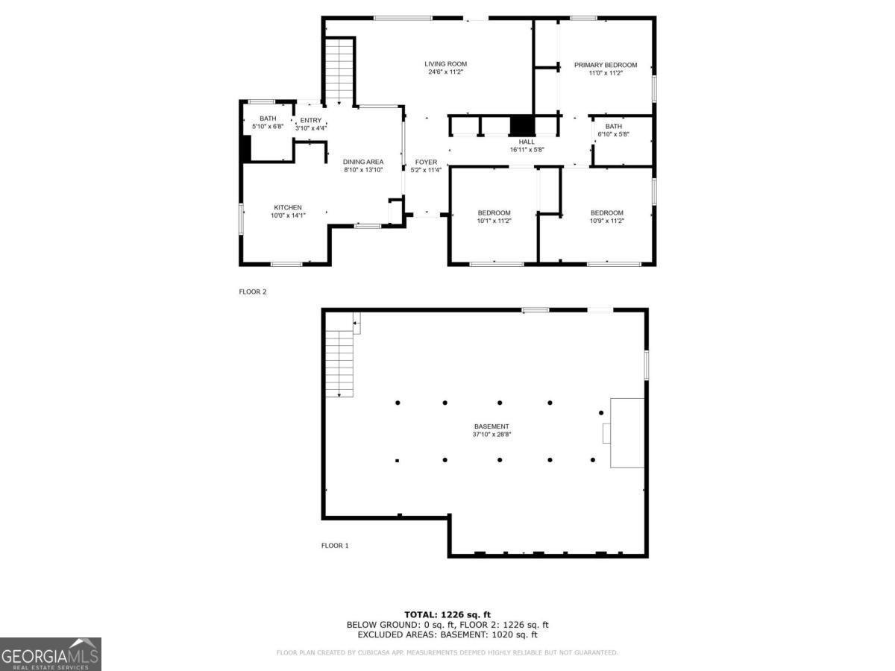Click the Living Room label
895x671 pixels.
point(445,64)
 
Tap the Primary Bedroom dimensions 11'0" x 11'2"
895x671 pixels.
point(606,73)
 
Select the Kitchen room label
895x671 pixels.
point(288,207)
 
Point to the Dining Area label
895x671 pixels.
point(363,162)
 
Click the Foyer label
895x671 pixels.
point(426,162)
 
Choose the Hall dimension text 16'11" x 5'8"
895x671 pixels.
point(527,150)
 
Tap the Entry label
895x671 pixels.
point(311,120)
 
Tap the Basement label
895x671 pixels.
point(492,426)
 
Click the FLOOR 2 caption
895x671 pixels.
point(253,292)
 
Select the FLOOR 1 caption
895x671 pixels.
point(335,546)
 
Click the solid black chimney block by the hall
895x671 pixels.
point(522,125)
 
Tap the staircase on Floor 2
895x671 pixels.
point(339,71)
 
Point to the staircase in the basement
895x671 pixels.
point(339,363)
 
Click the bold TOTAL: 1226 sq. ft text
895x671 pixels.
point(447,615)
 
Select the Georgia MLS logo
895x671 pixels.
point(51,654)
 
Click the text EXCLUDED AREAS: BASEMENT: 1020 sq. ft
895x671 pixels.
point(447,634)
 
